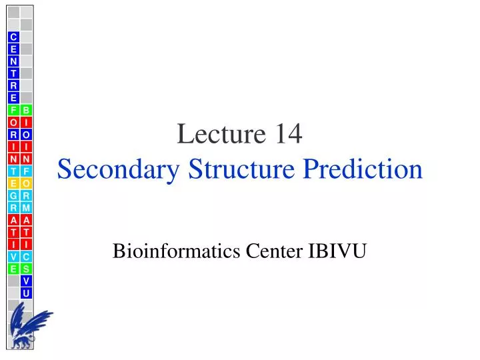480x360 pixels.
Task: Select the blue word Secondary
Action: tap(121, 169)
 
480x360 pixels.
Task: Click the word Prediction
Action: tap(363, 169)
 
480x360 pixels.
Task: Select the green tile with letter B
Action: tap(26, 110)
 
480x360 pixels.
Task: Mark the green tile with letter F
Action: tap(13, 110)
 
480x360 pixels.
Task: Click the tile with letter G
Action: tap(13, 195)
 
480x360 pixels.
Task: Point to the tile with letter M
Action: tap(26, 207)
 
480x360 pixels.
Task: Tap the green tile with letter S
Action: tap(26, 269)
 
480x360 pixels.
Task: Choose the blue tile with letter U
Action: tap(26, 293)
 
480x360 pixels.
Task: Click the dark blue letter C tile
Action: tap(13, 37)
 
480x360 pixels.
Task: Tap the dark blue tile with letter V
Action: tap(26, 281)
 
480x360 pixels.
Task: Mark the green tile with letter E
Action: tap(13, 269)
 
